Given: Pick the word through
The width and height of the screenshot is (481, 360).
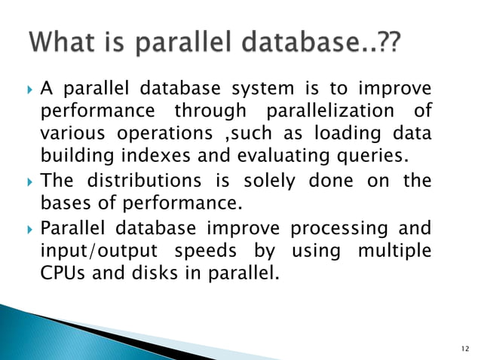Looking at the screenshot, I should click(210, 111).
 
